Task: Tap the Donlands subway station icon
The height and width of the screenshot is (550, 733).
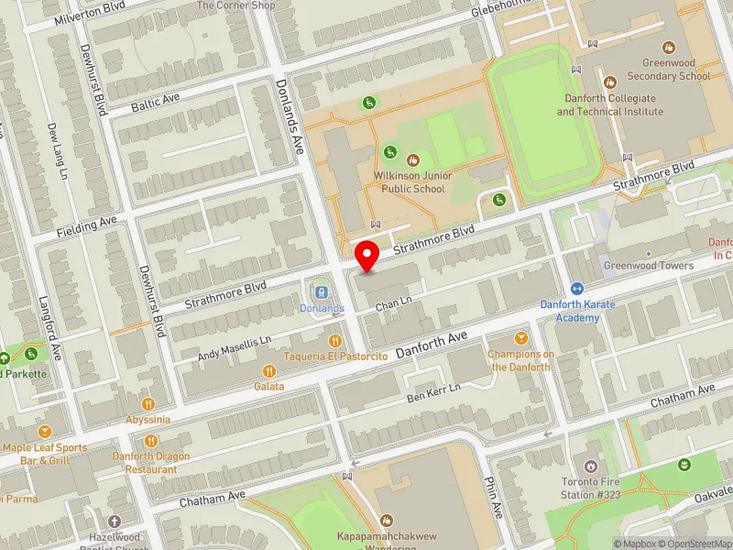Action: (x=321, y=292)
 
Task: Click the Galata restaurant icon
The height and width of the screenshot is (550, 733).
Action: (x=269, y=371)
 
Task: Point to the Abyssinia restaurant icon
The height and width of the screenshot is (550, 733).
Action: (x=148, y=404)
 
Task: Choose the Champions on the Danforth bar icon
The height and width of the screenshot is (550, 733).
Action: (x=521, y=338)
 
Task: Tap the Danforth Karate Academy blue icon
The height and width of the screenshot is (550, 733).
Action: (x=577, y=289)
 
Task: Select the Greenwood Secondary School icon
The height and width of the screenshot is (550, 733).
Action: (x=669, y=47)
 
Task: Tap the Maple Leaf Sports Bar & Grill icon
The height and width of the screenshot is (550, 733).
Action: (x=44, y=432)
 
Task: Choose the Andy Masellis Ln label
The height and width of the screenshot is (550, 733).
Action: (x=236, y=348)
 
